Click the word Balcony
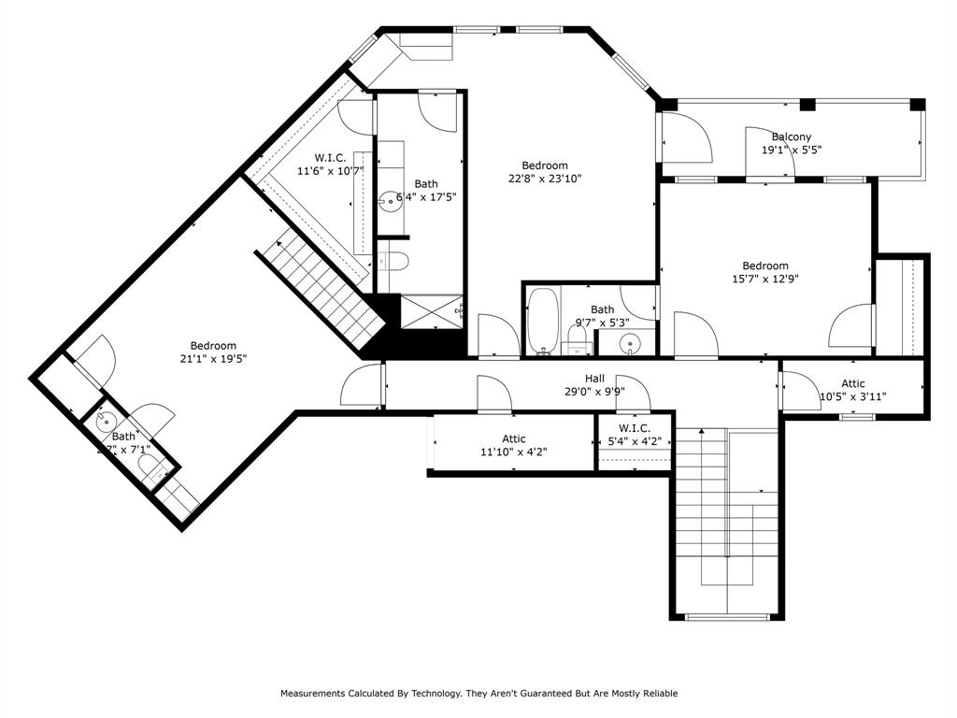click(x=791, y=136)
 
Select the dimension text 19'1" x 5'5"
click(x=791, y=150)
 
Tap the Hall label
click(x=594, y=379)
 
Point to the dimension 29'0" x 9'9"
click(x=594, y=392)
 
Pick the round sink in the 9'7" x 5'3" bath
click(x=632, y=344)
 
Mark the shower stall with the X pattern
click(x=431, y=310)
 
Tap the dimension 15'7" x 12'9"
click(x=765, y=278)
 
